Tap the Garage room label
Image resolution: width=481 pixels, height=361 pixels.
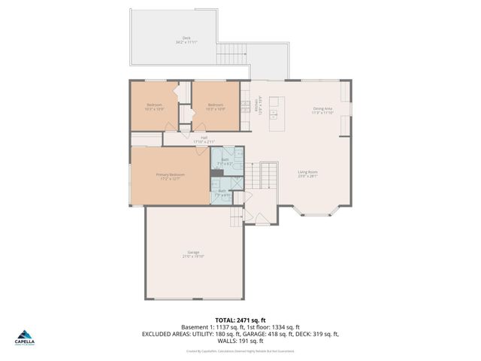point(193,252)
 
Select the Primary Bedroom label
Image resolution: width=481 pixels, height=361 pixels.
point(170,174)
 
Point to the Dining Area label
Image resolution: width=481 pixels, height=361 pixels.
point(323,109)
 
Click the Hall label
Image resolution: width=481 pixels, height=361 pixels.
point(204,138)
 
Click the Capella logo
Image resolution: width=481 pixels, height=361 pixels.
point(24,338)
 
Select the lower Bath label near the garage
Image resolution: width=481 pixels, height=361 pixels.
point(222,191)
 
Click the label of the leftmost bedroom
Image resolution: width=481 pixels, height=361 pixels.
point(154,105)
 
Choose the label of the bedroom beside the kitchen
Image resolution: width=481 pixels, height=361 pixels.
point(216,105)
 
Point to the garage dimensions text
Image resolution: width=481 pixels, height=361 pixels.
point(193,256)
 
